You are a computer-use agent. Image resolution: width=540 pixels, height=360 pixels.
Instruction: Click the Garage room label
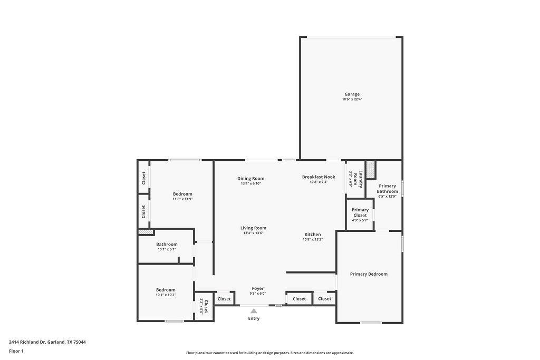click(x=352, y=94)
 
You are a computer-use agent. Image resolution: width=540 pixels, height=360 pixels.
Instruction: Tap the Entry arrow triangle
click(x=254, y=311)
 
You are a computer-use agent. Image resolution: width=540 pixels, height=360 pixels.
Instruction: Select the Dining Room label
click(x=250, y=179)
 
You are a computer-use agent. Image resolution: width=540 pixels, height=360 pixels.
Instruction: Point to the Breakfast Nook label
click(x=319, y=177)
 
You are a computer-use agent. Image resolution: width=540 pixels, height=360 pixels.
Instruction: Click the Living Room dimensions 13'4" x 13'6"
click(x=253, y=233)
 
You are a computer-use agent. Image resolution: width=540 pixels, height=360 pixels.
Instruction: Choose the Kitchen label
click(x=312, y=235)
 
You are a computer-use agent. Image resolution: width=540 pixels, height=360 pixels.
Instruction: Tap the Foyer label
click(x=257, y=288)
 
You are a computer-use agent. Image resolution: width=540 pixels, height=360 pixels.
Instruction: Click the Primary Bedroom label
click(x=369, y=274)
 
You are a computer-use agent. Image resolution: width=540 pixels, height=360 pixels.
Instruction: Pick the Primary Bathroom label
click(x=387, y=189)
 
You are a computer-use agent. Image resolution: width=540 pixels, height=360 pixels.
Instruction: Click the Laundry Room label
click(x=358, y=179)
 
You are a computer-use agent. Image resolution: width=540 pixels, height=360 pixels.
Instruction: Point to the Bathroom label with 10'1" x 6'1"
click(x=167, y=245)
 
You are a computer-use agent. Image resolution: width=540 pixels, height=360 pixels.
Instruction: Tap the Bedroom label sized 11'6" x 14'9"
click(x=182, y=194)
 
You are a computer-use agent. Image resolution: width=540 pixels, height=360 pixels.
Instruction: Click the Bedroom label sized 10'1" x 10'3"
click(x=166, y=290)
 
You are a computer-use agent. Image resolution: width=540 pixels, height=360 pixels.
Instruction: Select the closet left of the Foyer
click(x=224, y=299)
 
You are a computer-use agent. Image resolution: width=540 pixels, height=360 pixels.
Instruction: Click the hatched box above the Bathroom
click(x=145, y=232)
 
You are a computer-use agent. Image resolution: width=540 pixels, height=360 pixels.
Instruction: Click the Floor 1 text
click(x=16, y=351)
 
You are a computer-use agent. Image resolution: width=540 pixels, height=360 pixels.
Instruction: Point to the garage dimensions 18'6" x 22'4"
click(x=352, y=99)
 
